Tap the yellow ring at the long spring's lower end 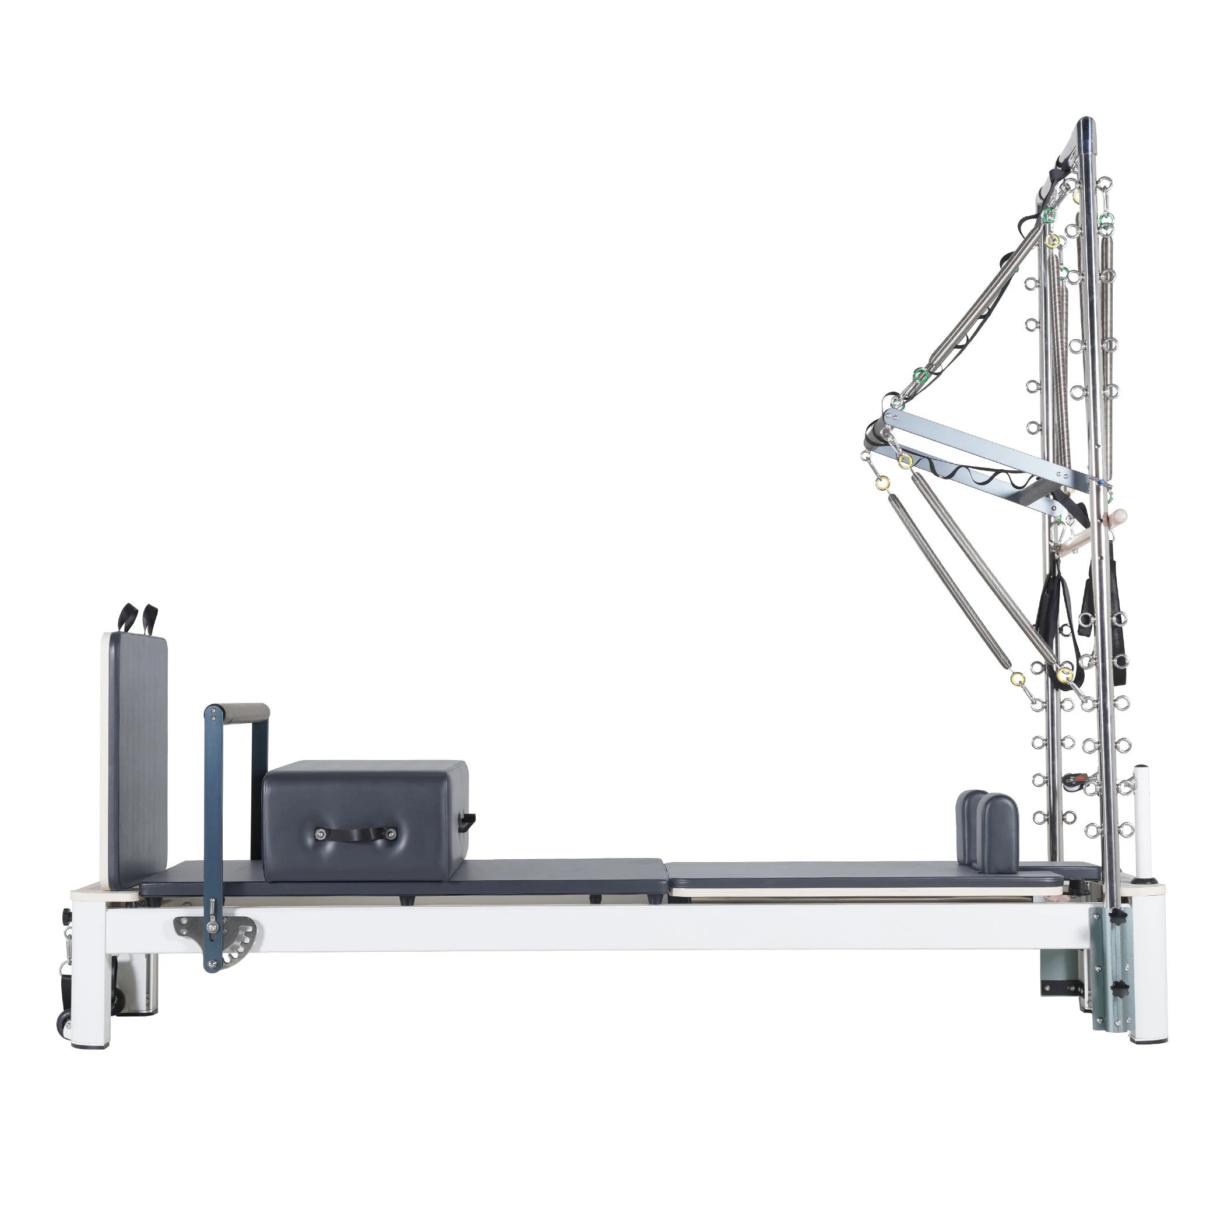tap(1018, 678)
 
